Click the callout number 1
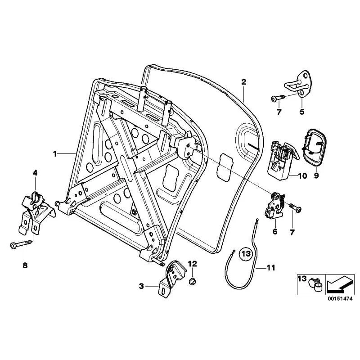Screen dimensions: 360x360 point(55,153)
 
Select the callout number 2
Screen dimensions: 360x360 point(243,82)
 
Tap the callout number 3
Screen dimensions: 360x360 point(141,286)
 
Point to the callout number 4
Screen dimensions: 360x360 point(35,173)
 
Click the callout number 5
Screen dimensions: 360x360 point(301,112)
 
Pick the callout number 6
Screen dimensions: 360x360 point(275,231)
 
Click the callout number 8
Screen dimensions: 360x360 point(25,265)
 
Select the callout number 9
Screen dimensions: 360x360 point(316,175)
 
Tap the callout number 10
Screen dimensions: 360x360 point(302,176)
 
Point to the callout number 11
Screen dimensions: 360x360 point(271,268)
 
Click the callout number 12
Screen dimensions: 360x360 point(193,264)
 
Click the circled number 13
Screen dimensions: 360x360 point(246,254)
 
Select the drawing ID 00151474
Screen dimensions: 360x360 point(340,299)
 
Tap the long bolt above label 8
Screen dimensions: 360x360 point(21,244)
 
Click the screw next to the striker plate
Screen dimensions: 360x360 point(278,98)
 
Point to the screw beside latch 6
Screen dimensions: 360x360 point(295,207)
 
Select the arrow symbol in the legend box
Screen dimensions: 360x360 point(339,284)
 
